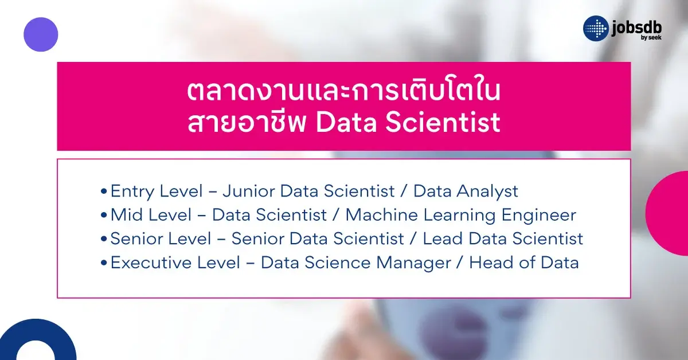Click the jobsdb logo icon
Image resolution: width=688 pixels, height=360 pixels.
click(x=596, y=29)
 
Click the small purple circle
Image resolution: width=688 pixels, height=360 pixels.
click(x=41, y=34)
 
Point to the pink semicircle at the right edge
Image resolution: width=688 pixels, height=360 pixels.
click(x=670, y=213)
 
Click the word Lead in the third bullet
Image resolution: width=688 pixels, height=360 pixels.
click(x=440, y=238)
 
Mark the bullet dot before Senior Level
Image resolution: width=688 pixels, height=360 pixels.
click(x=103, y=239)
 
